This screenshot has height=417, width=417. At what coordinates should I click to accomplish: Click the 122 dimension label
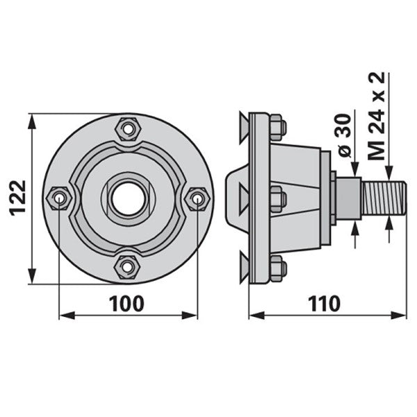pos(18,197)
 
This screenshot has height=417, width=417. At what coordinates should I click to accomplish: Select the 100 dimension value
pos(127,304)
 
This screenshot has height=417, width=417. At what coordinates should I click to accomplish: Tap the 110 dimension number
pos(324,304)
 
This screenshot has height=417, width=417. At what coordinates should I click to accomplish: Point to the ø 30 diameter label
pos(345,136)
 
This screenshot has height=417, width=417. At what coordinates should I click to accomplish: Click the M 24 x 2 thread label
pos(376,115)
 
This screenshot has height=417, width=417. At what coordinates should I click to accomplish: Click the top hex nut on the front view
pos(127,129)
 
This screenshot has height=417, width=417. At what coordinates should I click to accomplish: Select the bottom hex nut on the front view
pos(127,267)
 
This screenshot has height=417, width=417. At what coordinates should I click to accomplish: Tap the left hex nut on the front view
pos(59,198)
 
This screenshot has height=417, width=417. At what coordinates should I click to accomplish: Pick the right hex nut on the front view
pos(197,199)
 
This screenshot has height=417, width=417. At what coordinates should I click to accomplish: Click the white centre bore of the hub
pos(129,198)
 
